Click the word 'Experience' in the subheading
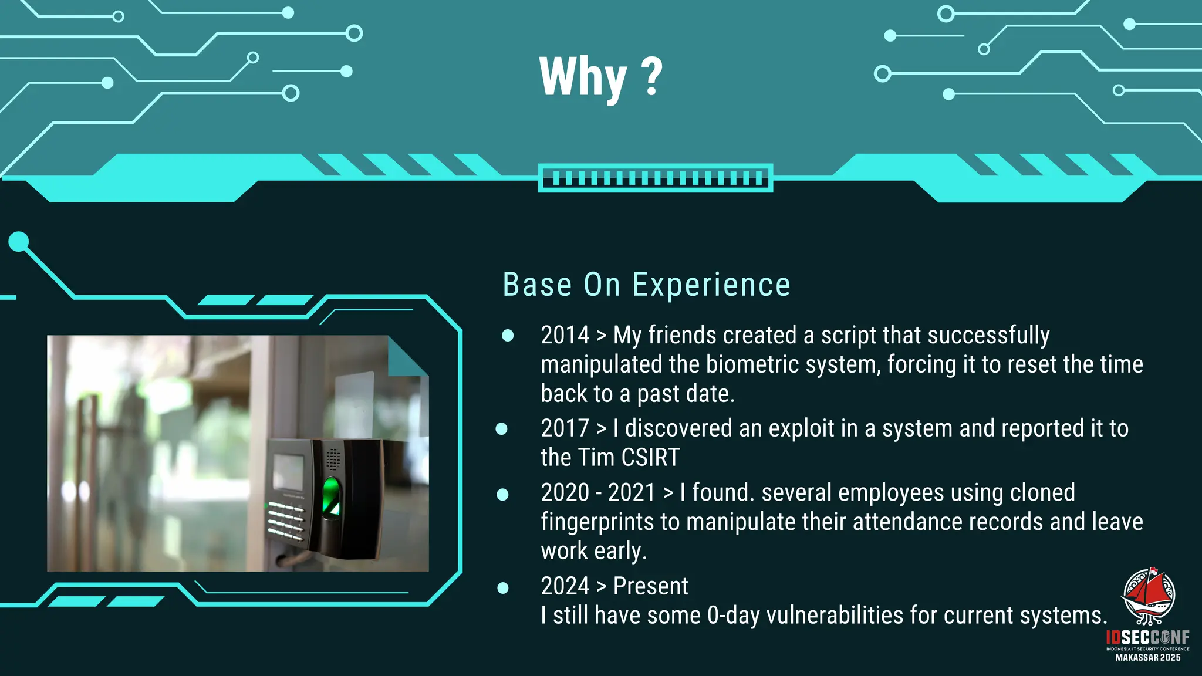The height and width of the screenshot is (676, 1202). [x=711, y=285]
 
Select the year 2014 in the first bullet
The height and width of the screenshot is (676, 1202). [x=565, y=335]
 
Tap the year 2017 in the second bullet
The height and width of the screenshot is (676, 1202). [x=565, y=428]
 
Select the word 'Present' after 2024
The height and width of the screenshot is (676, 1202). [x=650, y=586]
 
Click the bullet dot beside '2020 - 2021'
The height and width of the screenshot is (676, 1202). [x=502, y=494]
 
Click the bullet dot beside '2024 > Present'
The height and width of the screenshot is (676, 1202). [x=503, y=588]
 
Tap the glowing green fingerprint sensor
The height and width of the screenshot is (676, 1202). [x=332, y=496]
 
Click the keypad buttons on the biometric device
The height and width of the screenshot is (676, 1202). [x=286, y=522]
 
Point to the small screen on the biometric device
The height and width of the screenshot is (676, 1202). [x=288, y=472]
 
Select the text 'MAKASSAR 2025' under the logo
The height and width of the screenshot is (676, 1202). [x=1148, y=658]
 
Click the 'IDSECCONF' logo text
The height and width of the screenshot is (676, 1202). [x=1147, y=638]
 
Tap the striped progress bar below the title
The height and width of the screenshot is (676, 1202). [x=655, y=178]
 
